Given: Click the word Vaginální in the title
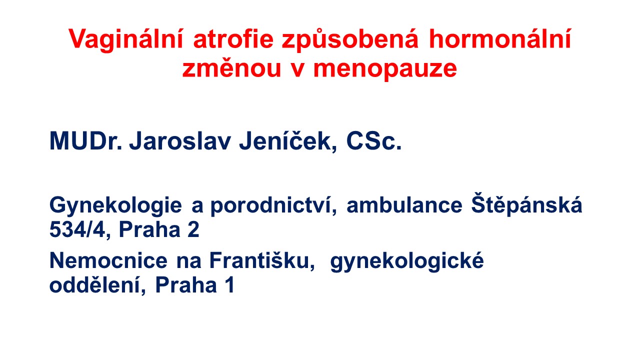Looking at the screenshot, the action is tap(125, 40).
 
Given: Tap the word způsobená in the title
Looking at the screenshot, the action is tap(350, 39).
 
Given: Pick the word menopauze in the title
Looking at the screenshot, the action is tap(385, 70).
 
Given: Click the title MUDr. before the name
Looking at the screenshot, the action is tap(85, 140).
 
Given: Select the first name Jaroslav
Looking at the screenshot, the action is tap(180, 140).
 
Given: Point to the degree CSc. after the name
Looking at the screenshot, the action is tap(373, 140).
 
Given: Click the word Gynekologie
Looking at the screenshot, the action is tap(115, 205).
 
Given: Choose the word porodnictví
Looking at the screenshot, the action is tap(273, 205).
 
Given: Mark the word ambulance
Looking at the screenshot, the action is tap(404, 204).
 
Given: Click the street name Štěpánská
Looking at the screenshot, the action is tap(526, 204).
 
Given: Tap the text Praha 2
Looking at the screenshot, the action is tap(159, 229).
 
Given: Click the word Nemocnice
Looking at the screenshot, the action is tap(108, 260).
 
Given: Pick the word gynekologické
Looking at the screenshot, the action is tap(407, 261).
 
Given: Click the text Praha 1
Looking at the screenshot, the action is tap(195, 284).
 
